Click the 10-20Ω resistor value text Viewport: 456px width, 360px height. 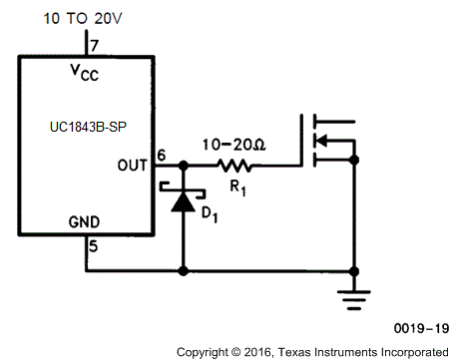(x=233, y=144)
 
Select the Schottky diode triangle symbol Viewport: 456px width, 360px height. (x=181, y=201)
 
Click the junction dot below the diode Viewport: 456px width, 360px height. (x=181, y=269)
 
